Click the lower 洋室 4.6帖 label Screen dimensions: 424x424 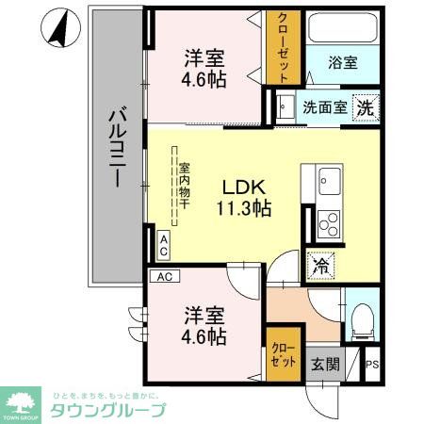(x=204, y=323)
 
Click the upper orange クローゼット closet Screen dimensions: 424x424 (x=282, y=47)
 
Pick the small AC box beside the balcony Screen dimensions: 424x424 (x=163, y=247)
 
